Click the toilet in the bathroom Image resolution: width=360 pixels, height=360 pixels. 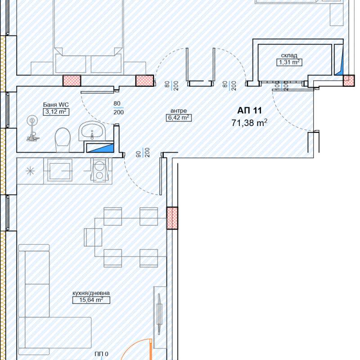click(63, 140)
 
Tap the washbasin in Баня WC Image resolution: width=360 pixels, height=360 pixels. click(92, 131)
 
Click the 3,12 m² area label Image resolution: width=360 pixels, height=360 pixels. click(56, 112)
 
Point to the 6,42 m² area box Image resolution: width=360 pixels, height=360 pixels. click(179, 118)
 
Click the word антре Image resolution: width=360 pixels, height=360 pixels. click(179, 111)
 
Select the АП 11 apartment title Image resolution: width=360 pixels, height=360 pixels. click(249, 110)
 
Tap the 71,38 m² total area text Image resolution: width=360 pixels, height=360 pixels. click(249, 123)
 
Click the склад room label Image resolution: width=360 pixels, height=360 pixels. click(289, 55)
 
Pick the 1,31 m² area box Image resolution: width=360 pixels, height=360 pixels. click(289, 62)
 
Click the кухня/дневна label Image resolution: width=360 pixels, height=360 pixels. click(91, 293)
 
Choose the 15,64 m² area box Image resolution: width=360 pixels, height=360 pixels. click(91, 300)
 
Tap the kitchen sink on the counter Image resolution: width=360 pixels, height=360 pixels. click(60, 171)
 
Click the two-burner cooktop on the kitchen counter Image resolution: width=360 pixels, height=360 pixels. click(99, 171)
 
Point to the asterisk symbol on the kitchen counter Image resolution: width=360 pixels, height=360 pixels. click(30, 171)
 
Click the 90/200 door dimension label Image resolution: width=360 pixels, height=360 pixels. click(143, 153)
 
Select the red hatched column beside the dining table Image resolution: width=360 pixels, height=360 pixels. click(172, 218)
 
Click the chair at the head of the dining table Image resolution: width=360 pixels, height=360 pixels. click(93, 238)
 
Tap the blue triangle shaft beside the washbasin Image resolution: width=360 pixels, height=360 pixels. click(100, 148)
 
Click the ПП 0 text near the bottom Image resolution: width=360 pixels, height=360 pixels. click(101, 354)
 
